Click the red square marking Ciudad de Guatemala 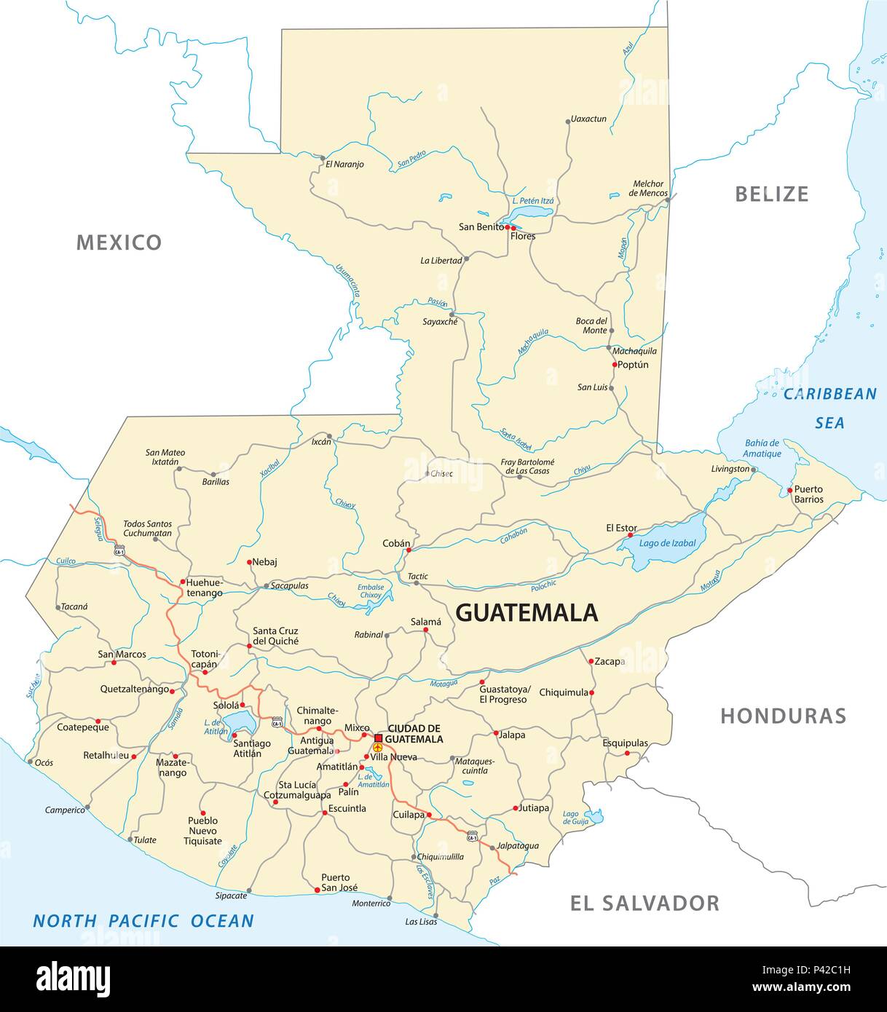click(378, 738)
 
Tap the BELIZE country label click(771, 194)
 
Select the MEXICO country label click(119, 242)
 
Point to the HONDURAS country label click(783, 716)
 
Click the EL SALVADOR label click(644, 904)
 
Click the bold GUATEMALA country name click(527, 613)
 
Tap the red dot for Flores click(514, 228)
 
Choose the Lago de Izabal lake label click(667, 543)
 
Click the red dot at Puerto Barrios click(789, 491)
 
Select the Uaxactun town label click(588, 119)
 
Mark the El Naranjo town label click(344, 165)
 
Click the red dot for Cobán click(408, 550)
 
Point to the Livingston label click(730, 469)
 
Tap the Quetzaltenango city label click(134, 689)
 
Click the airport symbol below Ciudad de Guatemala click(377, 748)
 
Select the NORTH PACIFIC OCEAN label click(143, 921)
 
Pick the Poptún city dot click(615, 365)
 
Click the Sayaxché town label click(440, 321)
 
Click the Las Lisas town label click(421, 922)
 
